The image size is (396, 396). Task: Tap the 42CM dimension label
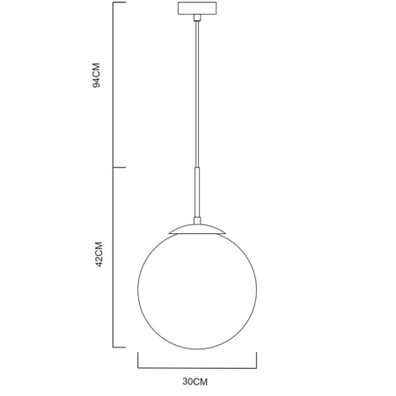tap(99, 256)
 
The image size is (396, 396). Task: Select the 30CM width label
tap(195, 381)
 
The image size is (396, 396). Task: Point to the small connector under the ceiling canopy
tap(196, 20)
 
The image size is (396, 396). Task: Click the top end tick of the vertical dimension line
tap(120, 3)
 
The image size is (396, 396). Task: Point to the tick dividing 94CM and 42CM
tap(120, 167)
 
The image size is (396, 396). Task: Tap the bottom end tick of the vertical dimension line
tap(120, 345)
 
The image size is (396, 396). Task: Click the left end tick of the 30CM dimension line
tap(138, 358)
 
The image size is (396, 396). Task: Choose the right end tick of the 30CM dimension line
tap(256, 358)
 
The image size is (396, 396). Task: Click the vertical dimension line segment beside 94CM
tap(114, 84)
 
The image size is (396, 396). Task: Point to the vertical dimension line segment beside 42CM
tap(114, 255)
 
